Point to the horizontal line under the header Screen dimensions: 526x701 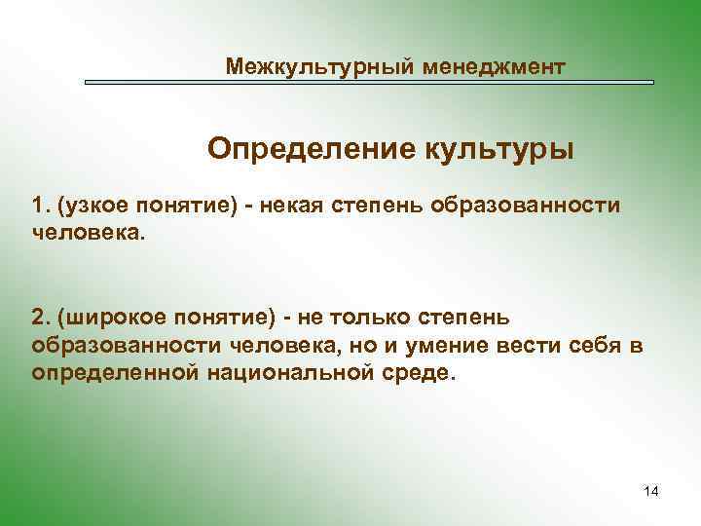point(369,83)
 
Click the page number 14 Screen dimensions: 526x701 point(651,492)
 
